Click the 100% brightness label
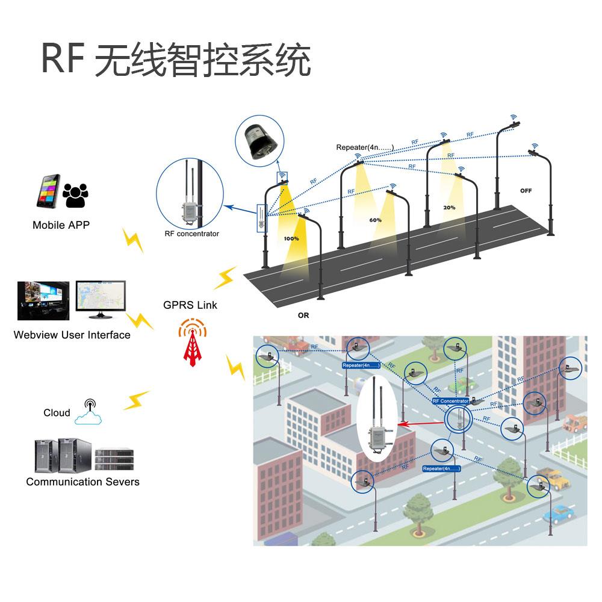291,239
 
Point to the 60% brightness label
375,220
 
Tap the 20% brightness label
449,207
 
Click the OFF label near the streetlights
526,191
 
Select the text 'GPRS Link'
190,305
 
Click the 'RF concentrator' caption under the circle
192,234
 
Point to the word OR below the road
303,315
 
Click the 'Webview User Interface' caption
72,335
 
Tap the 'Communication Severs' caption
82,482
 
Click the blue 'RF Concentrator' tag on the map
450,401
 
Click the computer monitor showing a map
101,299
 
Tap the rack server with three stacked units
114,459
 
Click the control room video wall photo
40,300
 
